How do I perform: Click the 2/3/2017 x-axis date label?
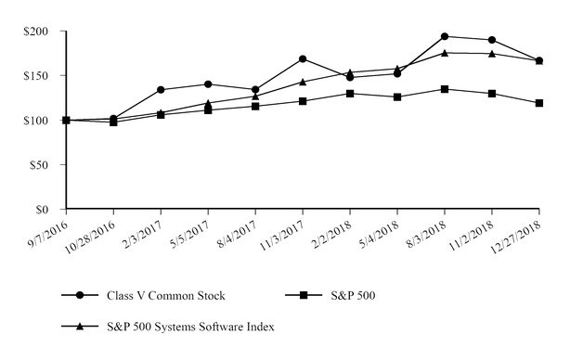(144, 231)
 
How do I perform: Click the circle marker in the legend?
(81, 295)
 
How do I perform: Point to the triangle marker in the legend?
(81, 326)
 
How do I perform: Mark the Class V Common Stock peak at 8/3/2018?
(445, 36)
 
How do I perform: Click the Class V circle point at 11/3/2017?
(303, 58)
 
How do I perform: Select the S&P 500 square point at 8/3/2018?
(445, 89)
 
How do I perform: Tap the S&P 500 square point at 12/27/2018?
(539, 103)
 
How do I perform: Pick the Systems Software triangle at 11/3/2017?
(303, 82)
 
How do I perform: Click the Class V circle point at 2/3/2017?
(161, 90)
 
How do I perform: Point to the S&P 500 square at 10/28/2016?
(113, 122)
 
